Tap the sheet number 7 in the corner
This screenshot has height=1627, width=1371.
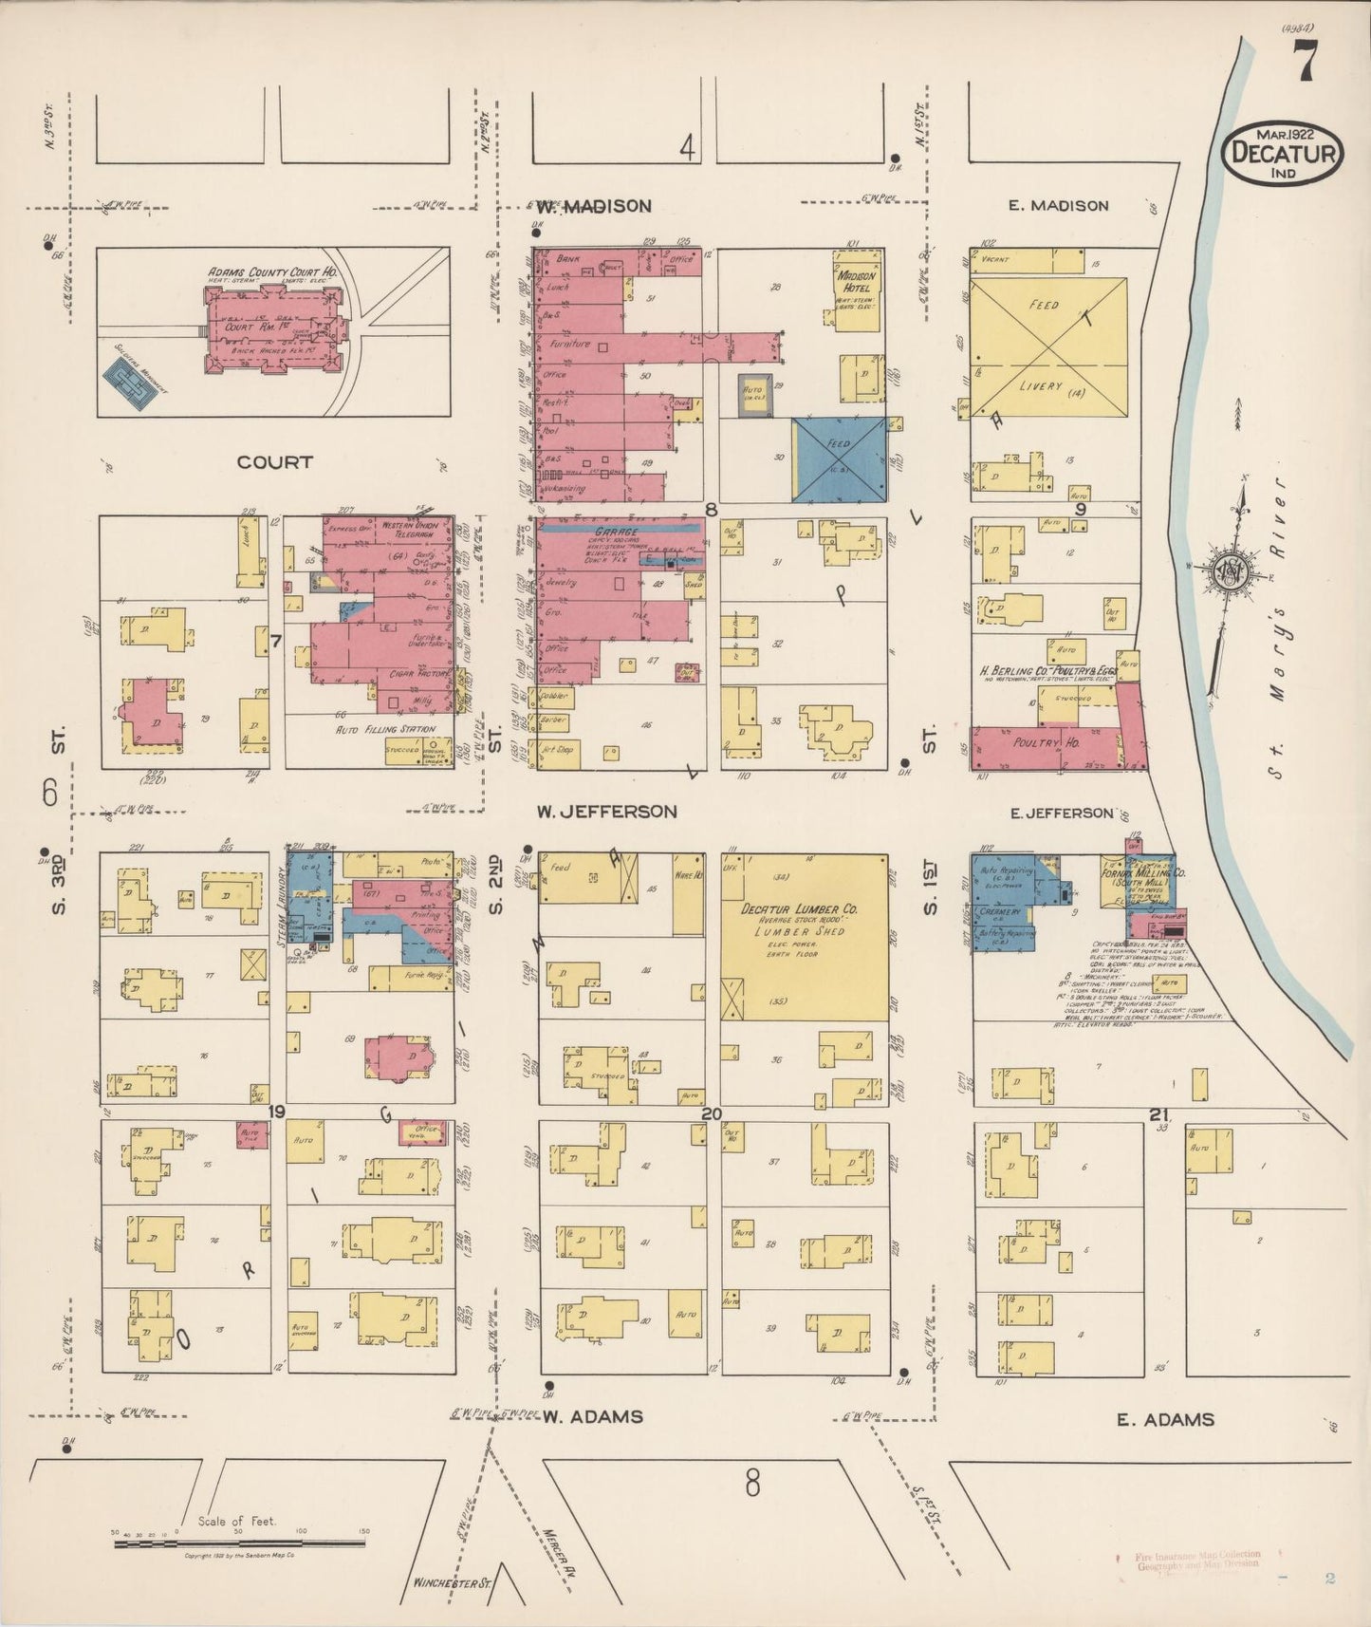pyautogui.click(x=1306, y=63)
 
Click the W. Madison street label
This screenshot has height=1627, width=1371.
pyautogui.click(x=594, y=206)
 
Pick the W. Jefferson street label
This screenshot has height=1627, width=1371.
pyautogui.click(x=606, y=811)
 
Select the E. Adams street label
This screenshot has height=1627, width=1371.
pyautogui.click(x=1165, y=1419)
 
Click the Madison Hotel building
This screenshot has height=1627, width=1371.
pyautogui.click(x=857, y=289)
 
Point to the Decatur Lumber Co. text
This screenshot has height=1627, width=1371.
pyautogui.click(x=806, y=908)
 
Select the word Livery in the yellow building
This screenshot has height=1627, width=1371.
pyautogui.click(x=1039, y=386)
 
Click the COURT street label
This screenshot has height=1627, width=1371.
pyautogui.click(x=274, y=462)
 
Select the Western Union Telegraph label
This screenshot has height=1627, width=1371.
pyautogui.click(x=407, y=530)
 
